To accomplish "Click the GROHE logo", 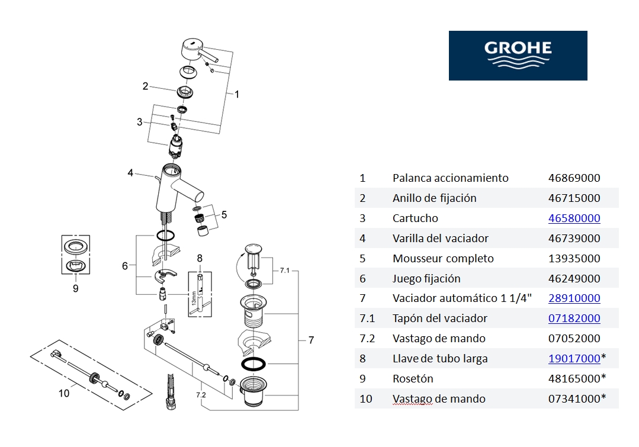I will [x=518, y=55].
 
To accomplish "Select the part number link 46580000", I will [x=574, y=218].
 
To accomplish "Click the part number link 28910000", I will [x=574, y=298].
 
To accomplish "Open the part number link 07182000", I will [x=574, y=319].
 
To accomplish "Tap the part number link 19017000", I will [x=574, y=359].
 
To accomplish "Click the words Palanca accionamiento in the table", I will [x=450, y=178].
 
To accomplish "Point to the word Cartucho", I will [x=415, y=218].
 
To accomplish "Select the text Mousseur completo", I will [x=443, y=259].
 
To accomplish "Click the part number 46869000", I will [x=574, y=178].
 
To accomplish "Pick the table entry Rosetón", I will [x=413, y=379].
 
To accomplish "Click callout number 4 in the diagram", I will [x=130, y=173].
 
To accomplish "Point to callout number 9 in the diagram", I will [x=75, y=289].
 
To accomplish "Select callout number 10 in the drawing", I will [x=63, y=393].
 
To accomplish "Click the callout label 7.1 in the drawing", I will [x=284, y=271].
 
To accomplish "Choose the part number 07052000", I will [x=574, y=339].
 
